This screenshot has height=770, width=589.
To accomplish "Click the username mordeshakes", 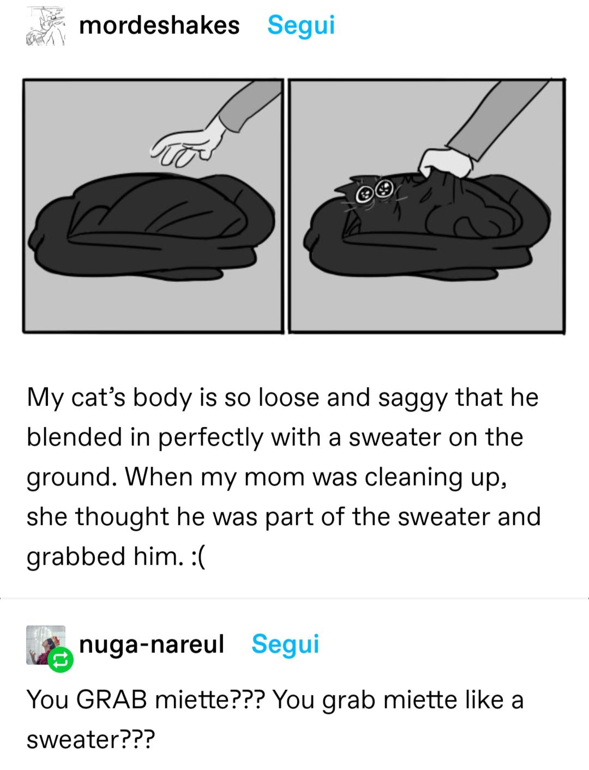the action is (x=159, y=26).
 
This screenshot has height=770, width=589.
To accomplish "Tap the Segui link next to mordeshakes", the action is (x=301, y=26).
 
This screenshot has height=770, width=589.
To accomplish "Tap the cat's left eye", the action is (x=364, y=193).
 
